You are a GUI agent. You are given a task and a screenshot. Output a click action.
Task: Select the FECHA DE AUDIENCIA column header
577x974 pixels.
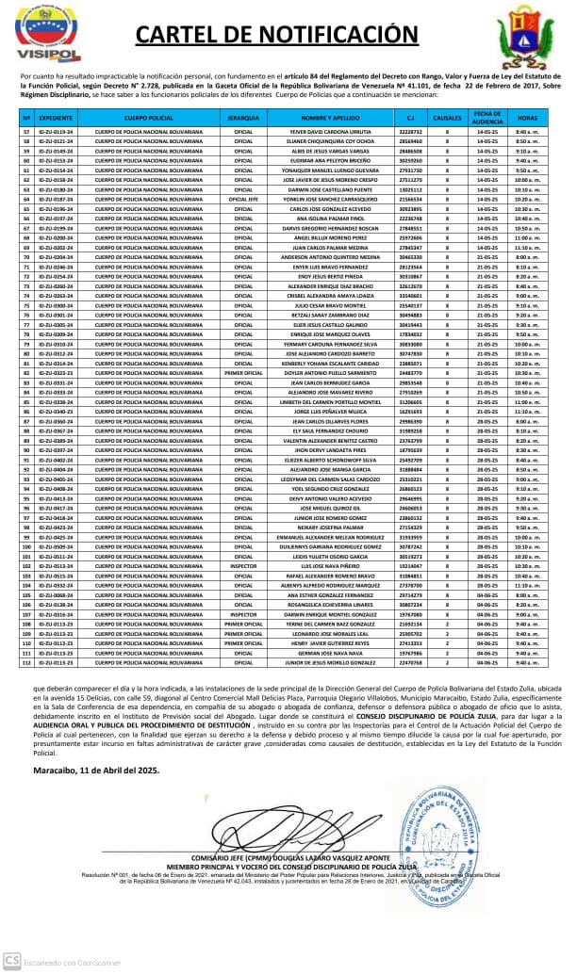click(487, 120)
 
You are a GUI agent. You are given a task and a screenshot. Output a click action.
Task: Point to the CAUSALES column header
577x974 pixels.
click(447, 120)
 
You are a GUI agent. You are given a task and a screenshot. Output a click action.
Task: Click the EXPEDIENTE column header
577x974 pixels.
click(57, 120)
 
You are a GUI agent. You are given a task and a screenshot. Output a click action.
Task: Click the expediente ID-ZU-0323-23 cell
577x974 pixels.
click(57, 373)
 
